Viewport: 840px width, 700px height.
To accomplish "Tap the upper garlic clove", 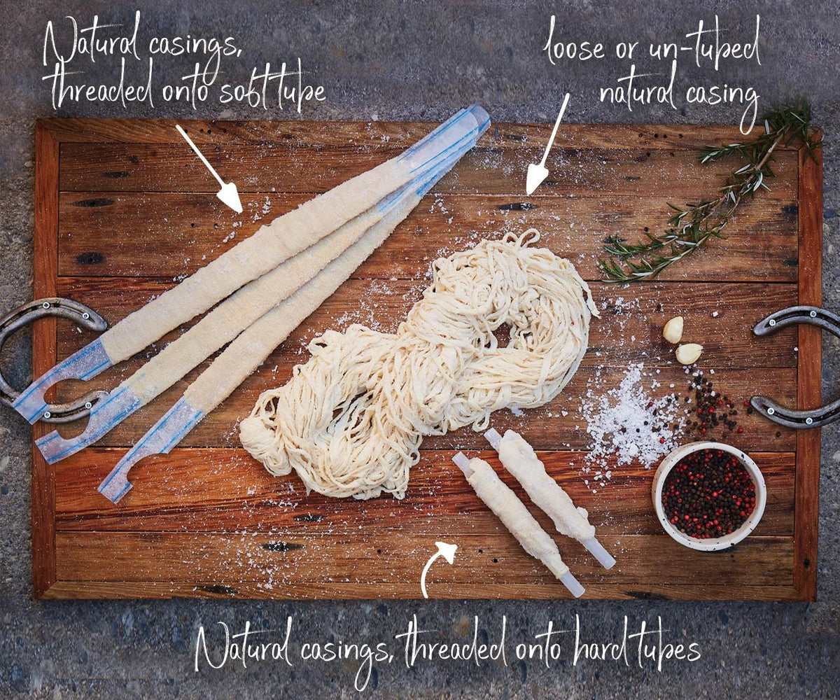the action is [673, 330].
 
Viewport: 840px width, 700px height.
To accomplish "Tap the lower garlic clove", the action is [689, 353].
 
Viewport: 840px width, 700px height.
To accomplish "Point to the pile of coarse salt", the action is [628, 419].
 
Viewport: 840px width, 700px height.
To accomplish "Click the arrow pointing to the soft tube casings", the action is [209, 169].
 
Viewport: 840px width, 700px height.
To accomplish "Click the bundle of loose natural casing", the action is [419, 366].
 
